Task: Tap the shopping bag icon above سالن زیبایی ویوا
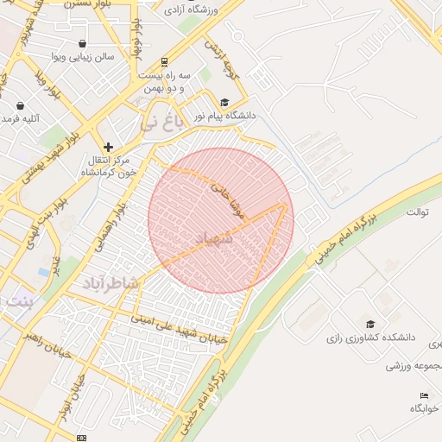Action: point(81,44)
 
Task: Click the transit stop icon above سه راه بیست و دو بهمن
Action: point(164,62)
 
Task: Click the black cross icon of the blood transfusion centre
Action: point(108,147)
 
